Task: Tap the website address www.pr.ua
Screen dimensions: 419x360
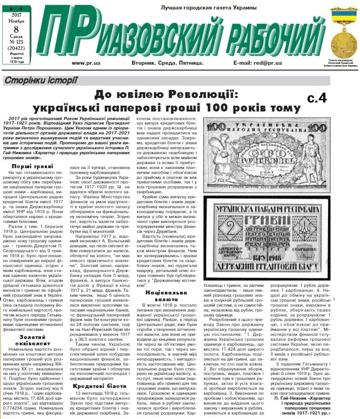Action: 85,64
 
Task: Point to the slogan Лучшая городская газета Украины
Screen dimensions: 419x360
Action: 209,8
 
